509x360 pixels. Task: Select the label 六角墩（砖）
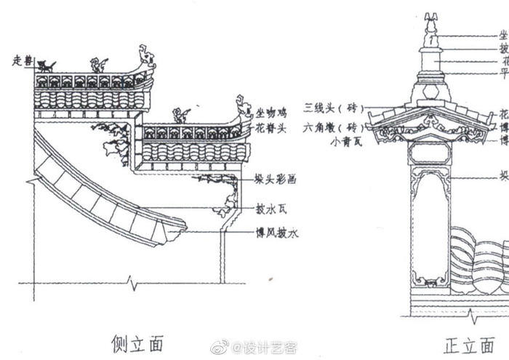(x=333, y=124)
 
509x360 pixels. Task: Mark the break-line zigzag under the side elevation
(x=129, y=280)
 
